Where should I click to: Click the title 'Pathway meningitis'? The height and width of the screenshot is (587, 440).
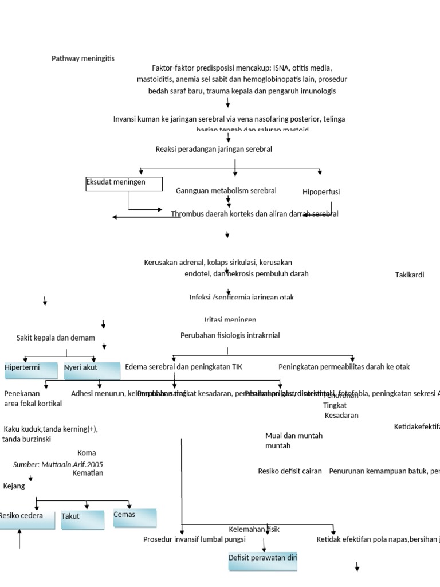(83, 58)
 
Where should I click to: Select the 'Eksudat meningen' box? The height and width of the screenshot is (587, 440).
(124, 183)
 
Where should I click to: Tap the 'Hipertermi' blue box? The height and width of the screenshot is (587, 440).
(31, 370)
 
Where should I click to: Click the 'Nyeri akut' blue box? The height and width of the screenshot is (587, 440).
(92, 370)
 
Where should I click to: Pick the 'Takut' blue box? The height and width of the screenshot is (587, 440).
(82, 519)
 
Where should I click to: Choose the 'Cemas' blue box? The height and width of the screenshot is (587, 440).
(135, 517)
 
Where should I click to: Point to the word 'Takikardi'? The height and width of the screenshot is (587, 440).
(410, 275)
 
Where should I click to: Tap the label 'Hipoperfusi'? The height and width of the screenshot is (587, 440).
(321, 192)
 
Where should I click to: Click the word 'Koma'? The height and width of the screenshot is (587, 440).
(87, 453)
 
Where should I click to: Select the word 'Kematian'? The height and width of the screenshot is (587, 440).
(88, 473)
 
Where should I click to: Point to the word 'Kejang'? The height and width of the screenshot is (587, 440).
(14, 486)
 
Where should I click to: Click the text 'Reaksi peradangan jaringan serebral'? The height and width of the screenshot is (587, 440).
(214, 149)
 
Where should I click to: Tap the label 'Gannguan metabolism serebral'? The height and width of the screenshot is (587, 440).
(226, 190)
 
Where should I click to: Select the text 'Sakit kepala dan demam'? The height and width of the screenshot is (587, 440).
(56, 338)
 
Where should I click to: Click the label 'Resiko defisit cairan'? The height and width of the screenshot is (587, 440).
(289, 471)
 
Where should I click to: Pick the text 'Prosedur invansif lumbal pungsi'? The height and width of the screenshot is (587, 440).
(194, 539)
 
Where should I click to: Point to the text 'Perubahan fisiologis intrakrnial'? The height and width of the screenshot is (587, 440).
(230, 335)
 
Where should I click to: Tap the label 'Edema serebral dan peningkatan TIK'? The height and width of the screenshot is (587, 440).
(183, 367)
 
